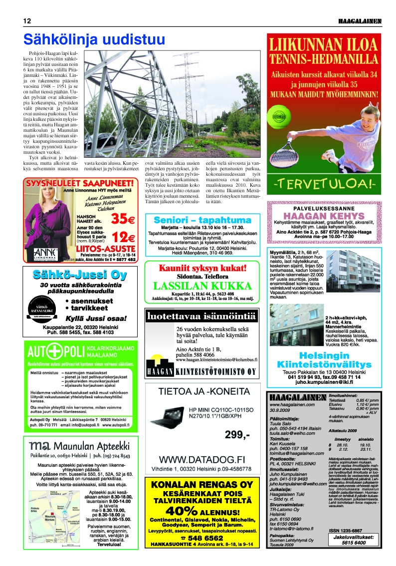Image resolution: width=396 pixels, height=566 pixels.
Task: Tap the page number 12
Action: (x=27, y=21)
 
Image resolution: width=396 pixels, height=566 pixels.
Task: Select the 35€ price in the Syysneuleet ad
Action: (x=123, y=219)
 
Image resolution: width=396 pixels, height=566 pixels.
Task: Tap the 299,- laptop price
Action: (x=237, y=434)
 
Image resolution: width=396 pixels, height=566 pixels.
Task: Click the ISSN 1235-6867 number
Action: (x=346, y=530)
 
